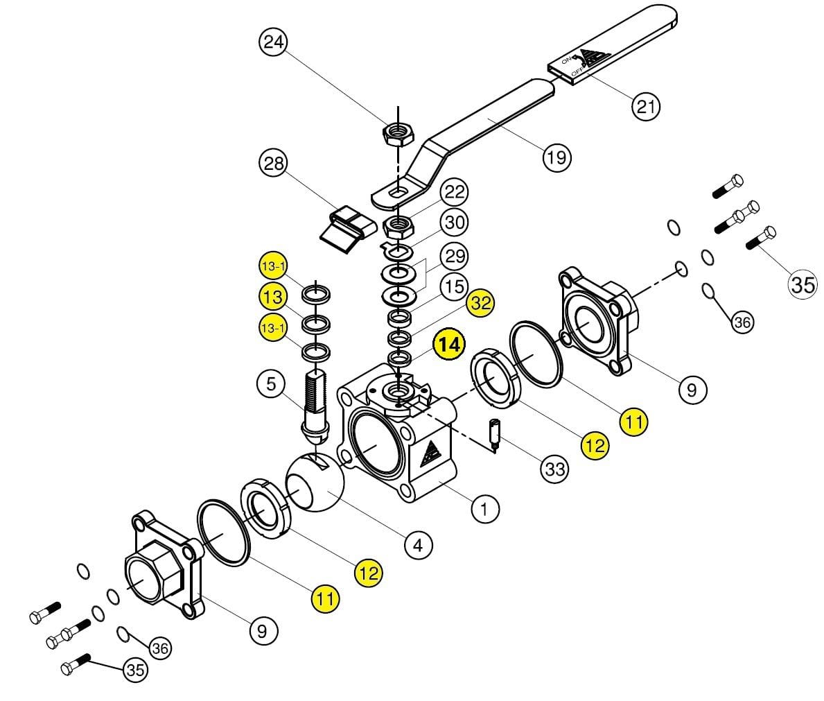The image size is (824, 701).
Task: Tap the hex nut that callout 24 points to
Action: pos(398,132)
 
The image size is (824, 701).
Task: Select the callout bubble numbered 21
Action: pos(645,106)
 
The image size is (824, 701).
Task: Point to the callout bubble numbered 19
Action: pos(556,157)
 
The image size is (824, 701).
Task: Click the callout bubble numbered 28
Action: pos(273,164)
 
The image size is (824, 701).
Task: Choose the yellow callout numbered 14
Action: pos(449,345)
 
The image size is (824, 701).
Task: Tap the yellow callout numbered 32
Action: pos(481,303)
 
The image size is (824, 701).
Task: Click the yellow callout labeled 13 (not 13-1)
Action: pos(273,297)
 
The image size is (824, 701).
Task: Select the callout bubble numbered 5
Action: pos(270,383)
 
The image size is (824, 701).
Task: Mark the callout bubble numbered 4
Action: pos(418,545)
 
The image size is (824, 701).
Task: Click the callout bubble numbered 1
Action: pos(484,510)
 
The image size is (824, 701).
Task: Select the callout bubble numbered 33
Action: pos(554,469)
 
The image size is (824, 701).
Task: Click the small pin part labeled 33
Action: pos(495,435)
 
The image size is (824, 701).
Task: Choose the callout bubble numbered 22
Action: pos(455,192)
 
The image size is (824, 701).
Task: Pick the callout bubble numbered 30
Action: pos(455,223)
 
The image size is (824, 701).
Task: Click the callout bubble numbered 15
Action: pos(454,286)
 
